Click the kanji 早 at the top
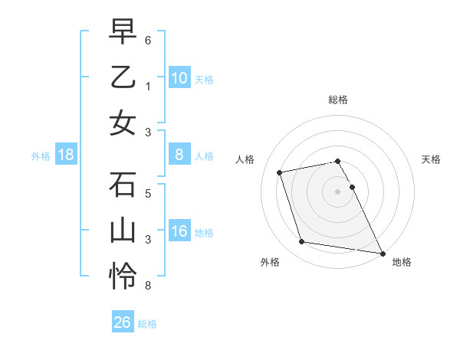tap(123, 31)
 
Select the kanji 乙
tap(123, 77)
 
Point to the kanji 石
tap(123, 185)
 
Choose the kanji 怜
tap(123, 276)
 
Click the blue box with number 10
tap(179, 78)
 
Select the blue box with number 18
tap(66, 155)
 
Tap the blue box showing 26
tap(122, 322)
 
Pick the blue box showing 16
tap(179, 232)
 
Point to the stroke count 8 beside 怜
tap(148, 286)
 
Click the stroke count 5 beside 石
tap(148, 194)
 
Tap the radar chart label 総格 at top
tap(337, 100)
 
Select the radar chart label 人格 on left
tap(245, 159)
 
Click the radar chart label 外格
tap(269, 262)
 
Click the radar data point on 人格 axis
tap(280, 172)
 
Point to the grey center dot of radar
tap(337, 191)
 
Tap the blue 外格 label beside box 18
tap(41, 156)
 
